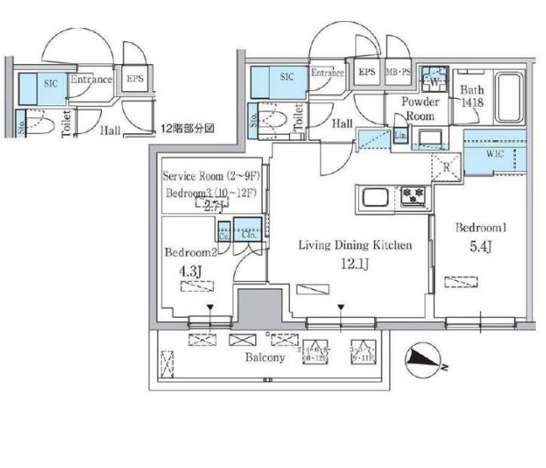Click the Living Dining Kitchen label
click(x=355, y=245)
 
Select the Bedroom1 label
click(x=481, y=229)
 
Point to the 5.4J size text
click(x=481, y=249)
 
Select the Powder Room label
click(x=420, y=109)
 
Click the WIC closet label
click(x=495, y=153)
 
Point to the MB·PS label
click(x=399, y=73)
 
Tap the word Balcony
click(x=266, y=358)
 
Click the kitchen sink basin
click(x=374, y=200)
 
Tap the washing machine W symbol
click(x=435, y=81)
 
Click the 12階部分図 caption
click(x=188, y=129)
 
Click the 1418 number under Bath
click(x=470, y=103)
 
